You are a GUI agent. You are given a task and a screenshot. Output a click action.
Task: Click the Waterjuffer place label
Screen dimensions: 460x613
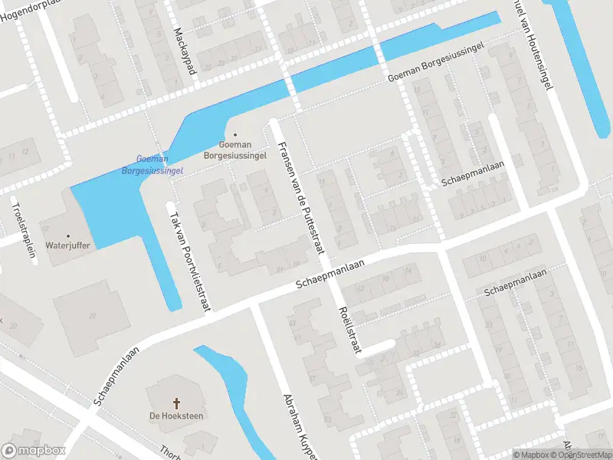pos(68,245)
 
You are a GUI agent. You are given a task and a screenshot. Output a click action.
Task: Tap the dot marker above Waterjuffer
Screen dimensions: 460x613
pos(68,235)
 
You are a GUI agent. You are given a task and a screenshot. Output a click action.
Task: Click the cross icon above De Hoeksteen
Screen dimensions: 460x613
pos(176,402)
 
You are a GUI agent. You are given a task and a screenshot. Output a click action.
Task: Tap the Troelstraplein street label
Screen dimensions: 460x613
pos(24,229)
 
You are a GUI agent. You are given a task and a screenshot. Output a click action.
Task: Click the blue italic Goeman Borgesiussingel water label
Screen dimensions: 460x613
pos(152,165)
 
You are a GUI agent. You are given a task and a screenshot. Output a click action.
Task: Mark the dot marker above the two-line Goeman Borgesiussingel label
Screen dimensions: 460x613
pos(235,134)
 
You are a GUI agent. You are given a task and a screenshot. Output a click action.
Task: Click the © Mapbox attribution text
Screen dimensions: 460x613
pos(532,455)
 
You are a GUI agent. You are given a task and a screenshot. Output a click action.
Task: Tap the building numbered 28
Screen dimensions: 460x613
pos(91,316)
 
